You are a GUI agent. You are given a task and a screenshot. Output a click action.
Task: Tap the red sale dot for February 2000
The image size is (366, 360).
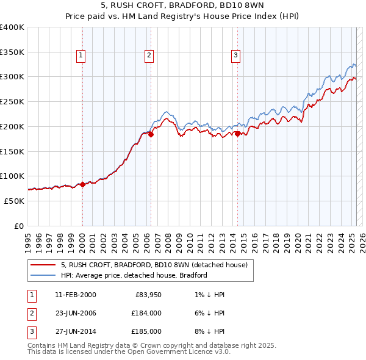[82, 184]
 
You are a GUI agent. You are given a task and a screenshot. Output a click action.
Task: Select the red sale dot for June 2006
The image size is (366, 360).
[151, 135]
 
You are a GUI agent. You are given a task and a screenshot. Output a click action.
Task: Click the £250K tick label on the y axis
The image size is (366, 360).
[12, 101]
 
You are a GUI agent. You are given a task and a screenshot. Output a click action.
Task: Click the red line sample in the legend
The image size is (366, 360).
[42, 265]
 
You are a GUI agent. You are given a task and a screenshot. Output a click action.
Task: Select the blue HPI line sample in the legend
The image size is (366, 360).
[42, 275]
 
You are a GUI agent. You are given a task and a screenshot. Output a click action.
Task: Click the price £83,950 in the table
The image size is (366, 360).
[146, 295]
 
